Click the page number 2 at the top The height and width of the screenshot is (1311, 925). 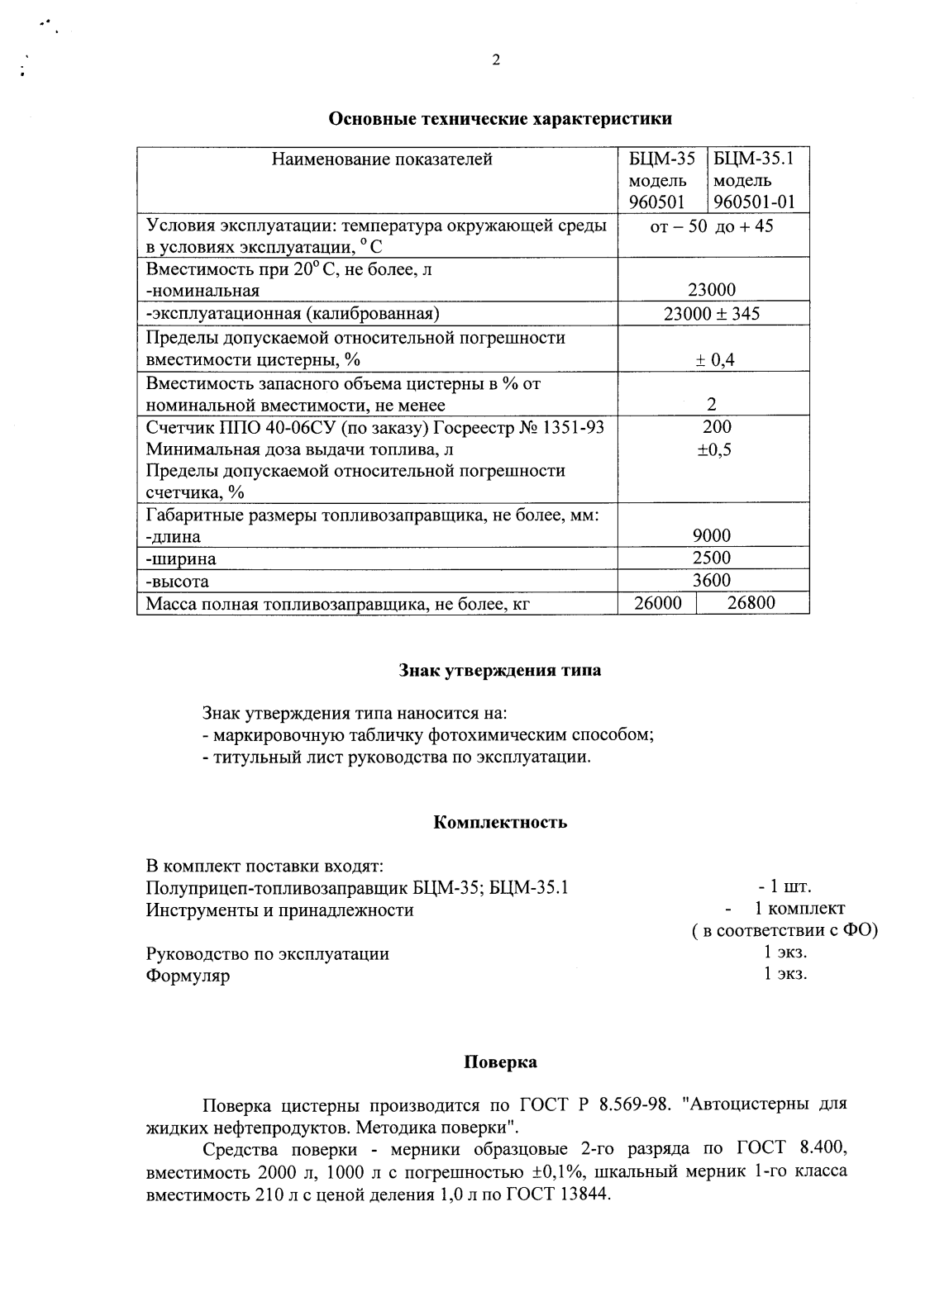(496, 59)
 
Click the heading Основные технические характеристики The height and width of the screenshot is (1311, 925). (500, 118)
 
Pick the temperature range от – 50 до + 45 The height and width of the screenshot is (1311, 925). (712, 226)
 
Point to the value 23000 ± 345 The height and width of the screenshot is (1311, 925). (712, 313)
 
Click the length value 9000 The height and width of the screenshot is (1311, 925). (712, 535)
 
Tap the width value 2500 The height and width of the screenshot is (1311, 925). (712, 558)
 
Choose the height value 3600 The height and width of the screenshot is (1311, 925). (712, 580)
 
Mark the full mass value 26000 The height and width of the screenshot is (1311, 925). (658, 603)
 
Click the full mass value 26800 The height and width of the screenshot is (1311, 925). (751, 603)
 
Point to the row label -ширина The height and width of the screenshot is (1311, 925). (181, 559)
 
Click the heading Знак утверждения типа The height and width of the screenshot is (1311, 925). (500, 670)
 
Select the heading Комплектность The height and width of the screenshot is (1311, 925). (500, 822)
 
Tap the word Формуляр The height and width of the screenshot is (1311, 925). (188, 976)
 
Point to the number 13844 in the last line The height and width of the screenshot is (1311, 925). (582, 1195)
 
